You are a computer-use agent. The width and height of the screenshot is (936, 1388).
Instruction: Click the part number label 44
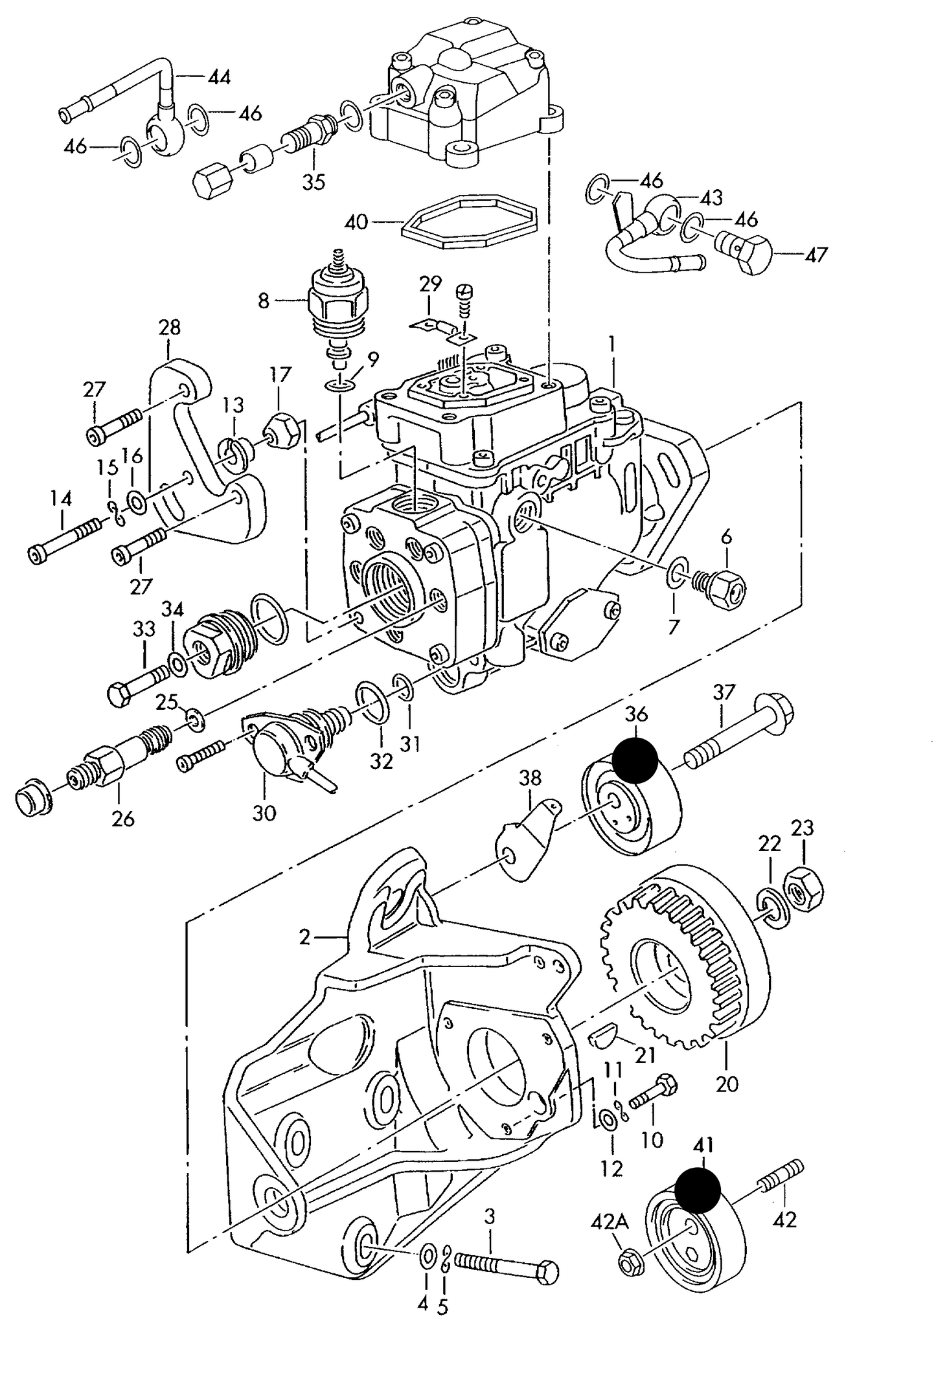(219, 77)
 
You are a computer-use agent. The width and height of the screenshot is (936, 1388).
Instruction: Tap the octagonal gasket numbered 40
(470, 223)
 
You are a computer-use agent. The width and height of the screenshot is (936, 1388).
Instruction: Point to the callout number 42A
(609, 1223)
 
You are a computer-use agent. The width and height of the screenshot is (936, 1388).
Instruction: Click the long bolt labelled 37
(738, 731)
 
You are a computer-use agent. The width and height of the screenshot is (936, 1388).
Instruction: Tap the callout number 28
(169, 328)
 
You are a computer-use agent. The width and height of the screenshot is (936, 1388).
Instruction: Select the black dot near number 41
(697, 1190)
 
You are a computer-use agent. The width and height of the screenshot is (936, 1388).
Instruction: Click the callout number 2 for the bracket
(305, 937)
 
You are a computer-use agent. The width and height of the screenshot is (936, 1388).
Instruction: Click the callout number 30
(264, 813)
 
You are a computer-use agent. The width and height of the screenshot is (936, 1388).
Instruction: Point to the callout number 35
(314, 182)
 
